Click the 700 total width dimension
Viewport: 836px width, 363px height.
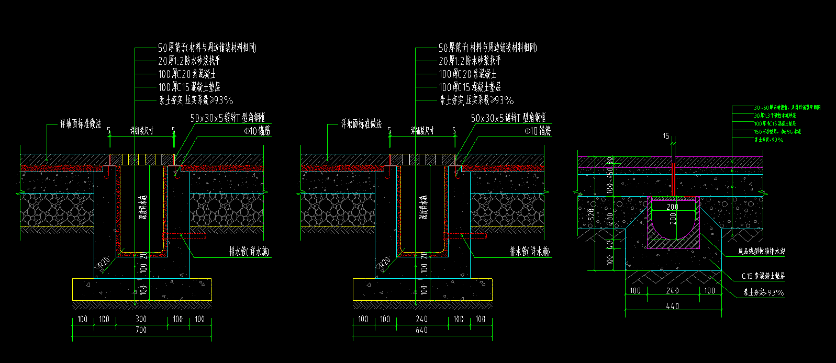(141, 330)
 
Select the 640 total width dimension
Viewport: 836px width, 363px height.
(421, 330)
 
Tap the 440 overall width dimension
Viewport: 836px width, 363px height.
(673, 306)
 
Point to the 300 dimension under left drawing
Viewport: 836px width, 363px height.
(141, 319)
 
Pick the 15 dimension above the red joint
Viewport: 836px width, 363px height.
(666, 136)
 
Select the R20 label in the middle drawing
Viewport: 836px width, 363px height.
(385, 263)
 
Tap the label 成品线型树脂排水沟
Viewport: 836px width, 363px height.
(761, 252)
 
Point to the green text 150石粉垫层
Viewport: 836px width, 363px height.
(777, 132)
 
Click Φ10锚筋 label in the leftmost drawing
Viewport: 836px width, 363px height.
(257, 132)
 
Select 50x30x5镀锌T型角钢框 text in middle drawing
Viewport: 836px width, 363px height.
(508, 118)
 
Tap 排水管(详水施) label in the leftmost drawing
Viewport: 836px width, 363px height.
(249, 252)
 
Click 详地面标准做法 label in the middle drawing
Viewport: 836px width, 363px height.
(361, 124)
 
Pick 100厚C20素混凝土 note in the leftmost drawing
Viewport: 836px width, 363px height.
(187, 74)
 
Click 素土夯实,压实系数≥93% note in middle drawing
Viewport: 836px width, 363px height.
(476, 100)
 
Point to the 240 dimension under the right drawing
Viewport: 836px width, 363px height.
(673, 291)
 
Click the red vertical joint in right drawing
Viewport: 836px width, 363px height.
(673, 178)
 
